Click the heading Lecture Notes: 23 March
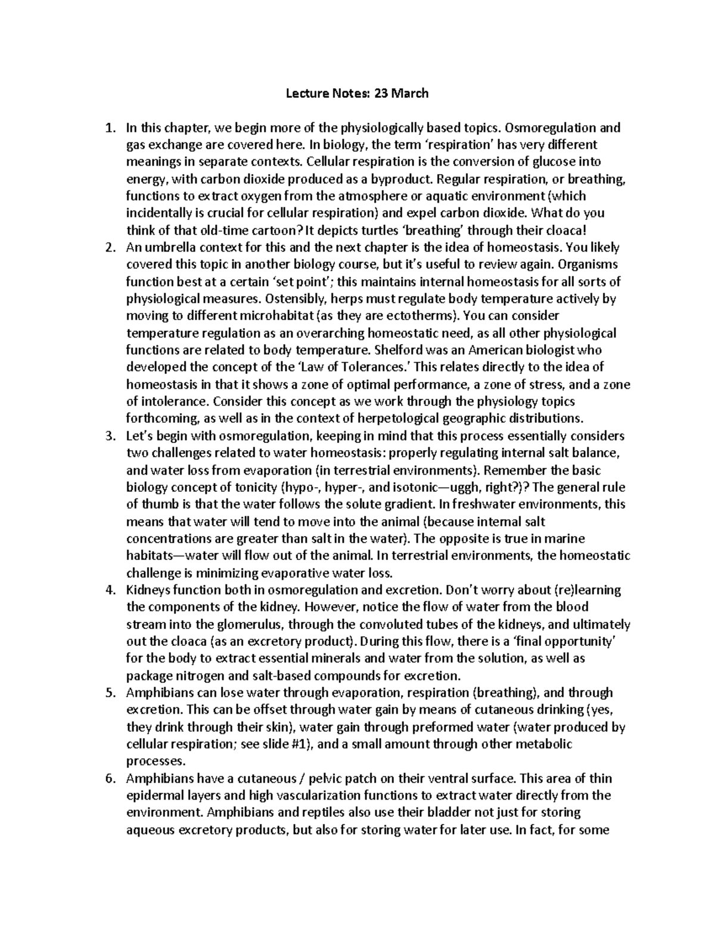coord(357,93)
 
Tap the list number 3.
coord(109,436)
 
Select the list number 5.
coord(109,693)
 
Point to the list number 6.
coord(109,779)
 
